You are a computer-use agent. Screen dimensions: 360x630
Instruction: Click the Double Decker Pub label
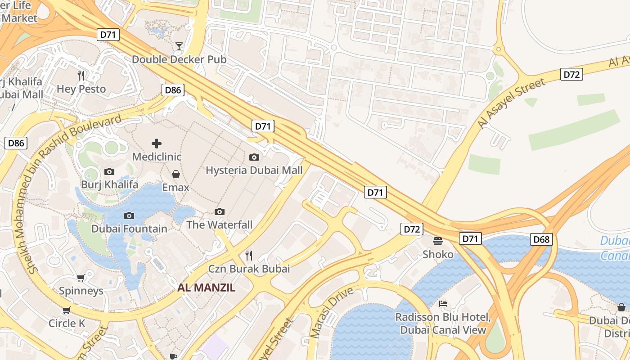179,59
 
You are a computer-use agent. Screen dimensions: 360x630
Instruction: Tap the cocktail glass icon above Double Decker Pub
179,46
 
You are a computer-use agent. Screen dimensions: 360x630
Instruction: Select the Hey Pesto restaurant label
81,89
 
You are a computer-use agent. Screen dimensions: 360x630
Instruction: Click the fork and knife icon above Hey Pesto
81,76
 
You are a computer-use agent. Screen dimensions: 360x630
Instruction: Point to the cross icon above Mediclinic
157,144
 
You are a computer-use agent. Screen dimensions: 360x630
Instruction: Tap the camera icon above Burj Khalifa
109,171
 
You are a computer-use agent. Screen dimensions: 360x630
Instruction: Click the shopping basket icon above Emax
176,174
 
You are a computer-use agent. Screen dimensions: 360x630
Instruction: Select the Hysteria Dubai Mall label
254,171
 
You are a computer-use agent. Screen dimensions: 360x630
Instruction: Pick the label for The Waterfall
219,225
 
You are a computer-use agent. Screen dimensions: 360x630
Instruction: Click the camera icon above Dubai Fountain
129,216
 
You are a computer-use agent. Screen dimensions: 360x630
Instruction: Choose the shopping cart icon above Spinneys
81,278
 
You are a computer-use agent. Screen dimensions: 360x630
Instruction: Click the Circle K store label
67,323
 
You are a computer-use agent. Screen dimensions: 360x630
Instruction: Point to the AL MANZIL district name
206,288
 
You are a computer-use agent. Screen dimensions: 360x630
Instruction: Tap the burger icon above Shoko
438,241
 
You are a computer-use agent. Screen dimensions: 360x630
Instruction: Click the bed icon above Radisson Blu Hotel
443,304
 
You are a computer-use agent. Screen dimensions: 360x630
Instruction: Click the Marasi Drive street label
332,312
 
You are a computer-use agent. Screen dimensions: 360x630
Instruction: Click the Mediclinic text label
157,157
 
